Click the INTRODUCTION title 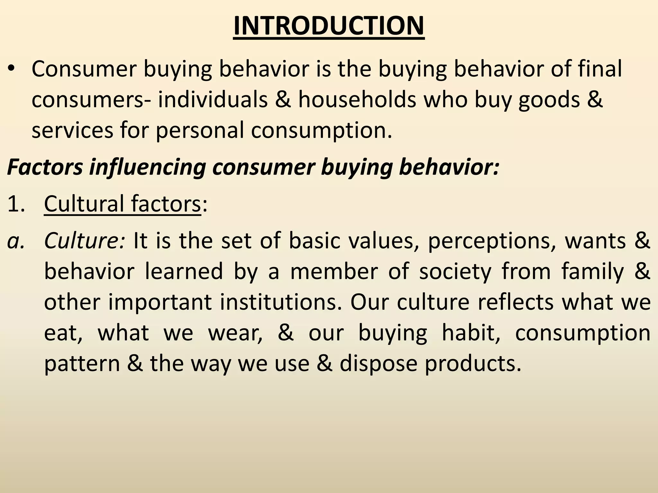click(329, 26)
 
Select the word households click(357, 99)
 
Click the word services click(72, 130)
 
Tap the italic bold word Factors click(45, 167)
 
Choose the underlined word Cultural click(84, 204)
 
